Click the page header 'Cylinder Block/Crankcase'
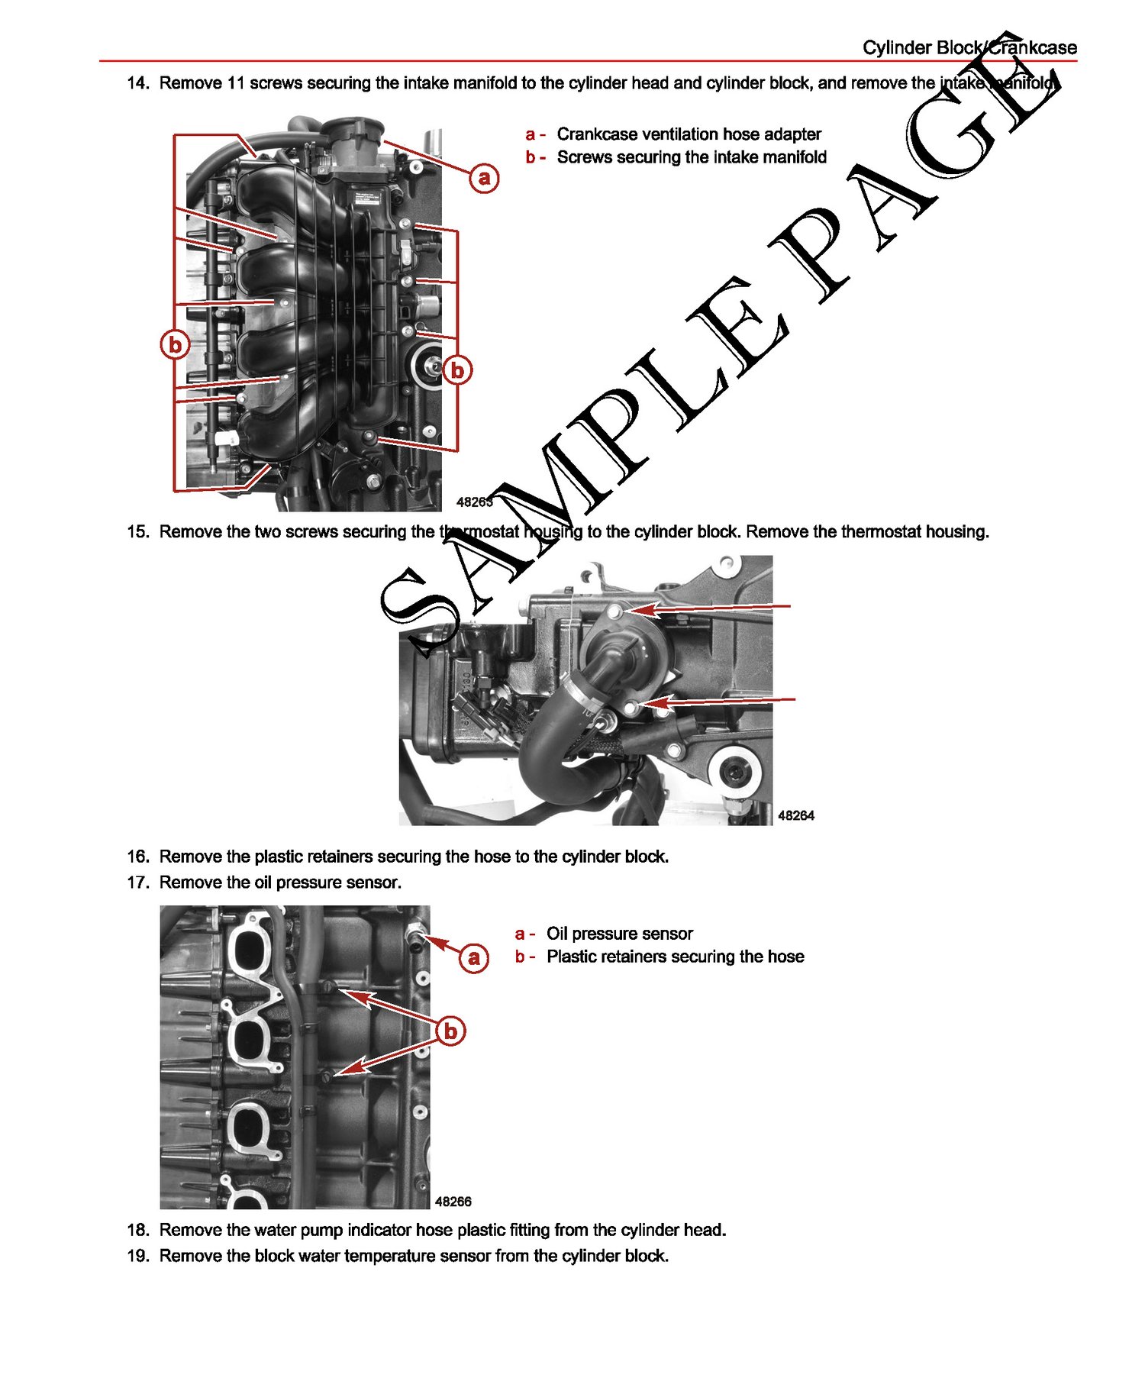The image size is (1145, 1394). tap(969, 47)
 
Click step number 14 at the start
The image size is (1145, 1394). tap(137, 83)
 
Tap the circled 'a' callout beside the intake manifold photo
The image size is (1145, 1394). tap(484, 178)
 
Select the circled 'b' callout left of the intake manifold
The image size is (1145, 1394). tap(176, 345)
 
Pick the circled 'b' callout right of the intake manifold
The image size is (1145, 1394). tap(457, 370)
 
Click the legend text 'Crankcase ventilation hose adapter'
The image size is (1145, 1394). tap(689, 134)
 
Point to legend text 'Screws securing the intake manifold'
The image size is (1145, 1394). tap(692, 157)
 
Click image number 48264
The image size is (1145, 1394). tap(795, 815)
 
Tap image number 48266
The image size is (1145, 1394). tap(453, 1202)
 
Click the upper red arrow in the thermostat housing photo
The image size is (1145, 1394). tap(710, 608)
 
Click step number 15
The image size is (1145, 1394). tap(137, 532)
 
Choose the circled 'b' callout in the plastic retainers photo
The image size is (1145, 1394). tap(451, 1031)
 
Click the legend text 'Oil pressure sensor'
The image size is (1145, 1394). tap(619, 934)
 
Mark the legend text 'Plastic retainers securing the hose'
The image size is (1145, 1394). tap(675, 957)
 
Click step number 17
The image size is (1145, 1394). tap(137, 883)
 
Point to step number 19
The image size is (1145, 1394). tap(137, 1256)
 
